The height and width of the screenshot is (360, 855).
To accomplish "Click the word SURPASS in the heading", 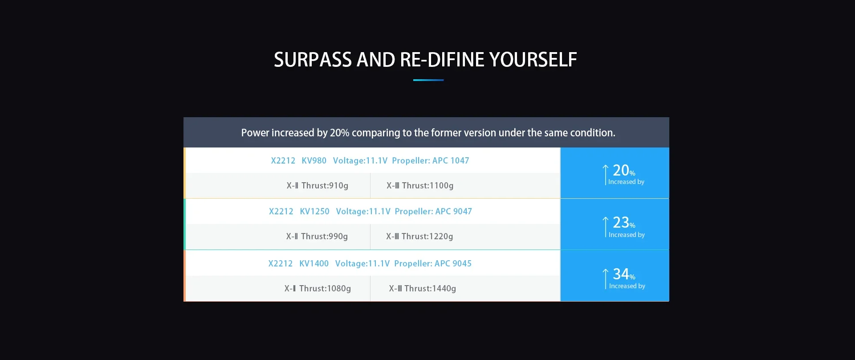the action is [313, 60].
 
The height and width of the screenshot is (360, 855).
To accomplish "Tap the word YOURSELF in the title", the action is [533, 60].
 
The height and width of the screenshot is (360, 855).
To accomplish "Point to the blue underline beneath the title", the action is [428, 80].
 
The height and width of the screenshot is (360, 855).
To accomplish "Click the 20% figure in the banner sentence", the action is [339, 133].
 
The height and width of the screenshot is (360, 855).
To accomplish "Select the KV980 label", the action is [314, 160].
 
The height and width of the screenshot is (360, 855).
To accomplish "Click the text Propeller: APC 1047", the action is [431, 160].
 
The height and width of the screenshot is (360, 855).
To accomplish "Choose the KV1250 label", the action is [314, 211].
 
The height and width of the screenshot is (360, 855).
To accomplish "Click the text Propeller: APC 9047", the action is [433, 211].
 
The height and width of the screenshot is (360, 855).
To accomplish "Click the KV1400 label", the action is [314, 263].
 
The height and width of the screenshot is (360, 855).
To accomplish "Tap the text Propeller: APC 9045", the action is [433, 263].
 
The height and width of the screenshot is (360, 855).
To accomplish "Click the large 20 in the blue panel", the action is [621, 170].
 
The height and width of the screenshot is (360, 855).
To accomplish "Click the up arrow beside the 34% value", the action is [606, 279].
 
